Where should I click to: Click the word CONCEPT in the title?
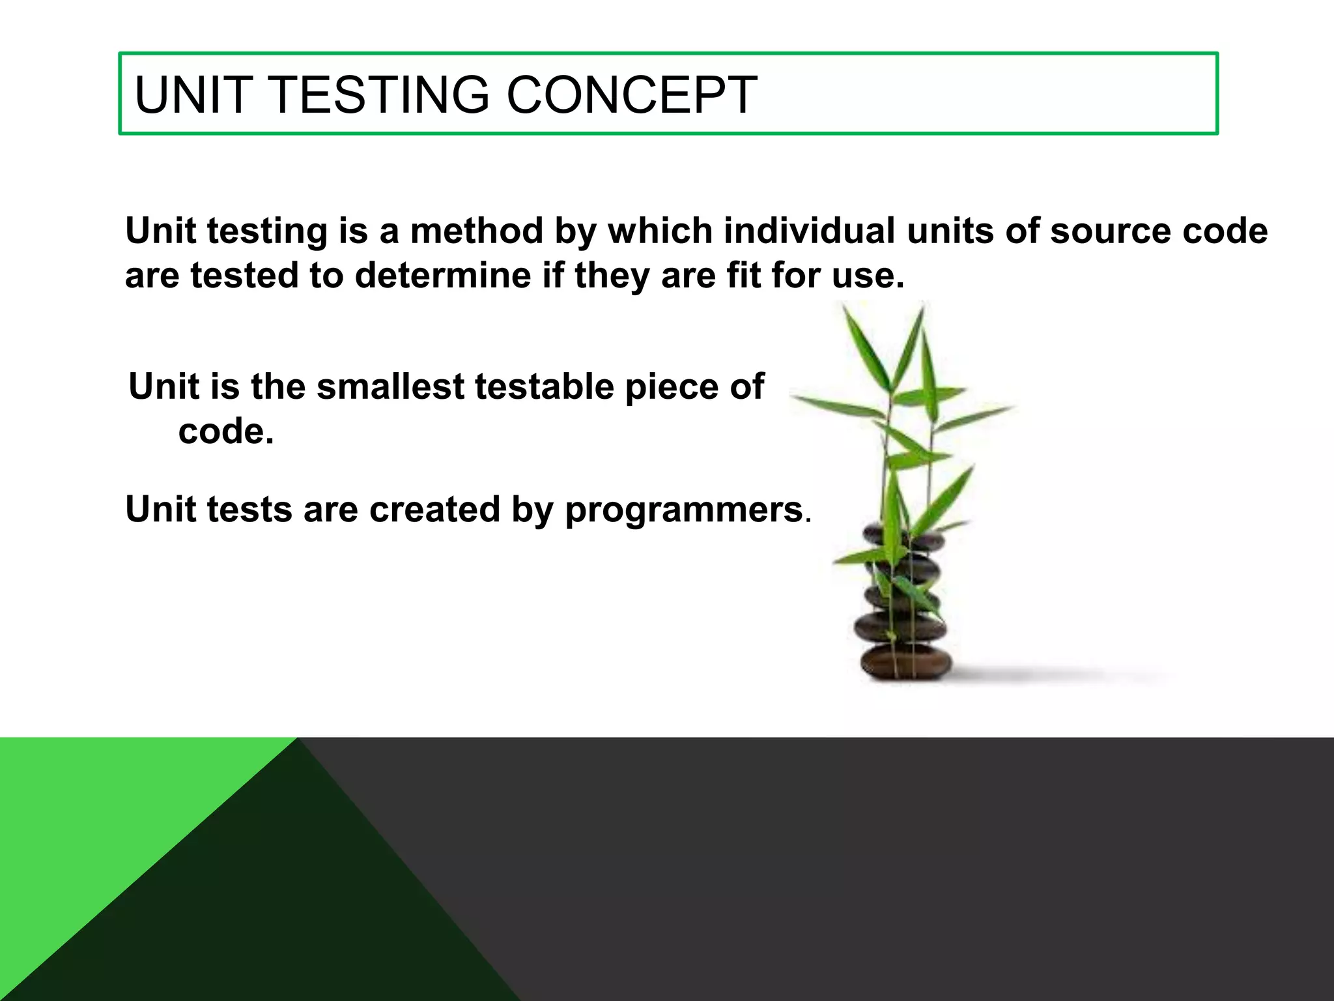tap(631, 95)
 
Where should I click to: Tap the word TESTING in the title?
tap(378, 95)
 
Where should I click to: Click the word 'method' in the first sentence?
tap(477, 231)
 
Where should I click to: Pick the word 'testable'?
tap(544, 386)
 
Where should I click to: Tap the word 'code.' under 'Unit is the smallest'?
tap(225, 431)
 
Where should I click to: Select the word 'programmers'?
tap(684, 510)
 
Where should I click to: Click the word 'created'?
tap(434, 509)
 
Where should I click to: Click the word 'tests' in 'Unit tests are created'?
tap(249, 510)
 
